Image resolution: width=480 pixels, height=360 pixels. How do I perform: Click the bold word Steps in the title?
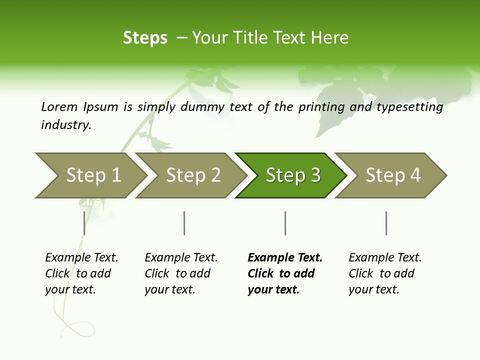tap(145, 38)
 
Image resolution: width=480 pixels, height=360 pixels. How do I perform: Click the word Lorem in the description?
tap(59, 106)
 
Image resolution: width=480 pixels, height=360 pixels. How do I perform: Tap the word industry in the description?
tap(65, 125)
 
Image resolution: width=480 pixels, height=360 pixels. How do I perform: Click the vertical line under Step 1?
tap(84, 223)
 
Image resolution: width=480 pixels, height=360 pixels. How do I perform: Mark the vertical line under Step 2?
tap(184, 223)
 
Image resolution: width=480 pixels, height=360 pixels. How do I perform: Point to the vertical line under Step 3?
tap(285, 223)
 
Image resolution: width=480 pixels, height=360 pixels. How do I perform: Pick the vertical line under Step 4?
tap(386, 223)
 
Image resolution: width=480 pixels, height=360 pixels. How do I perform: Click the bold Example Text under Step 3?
tap(285, 258)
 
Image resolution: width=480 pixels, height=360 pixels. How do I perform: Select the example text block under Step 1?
tap(81, 273)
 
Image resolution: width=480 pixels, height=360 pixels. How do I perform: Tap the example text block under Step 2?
tap(181, 273)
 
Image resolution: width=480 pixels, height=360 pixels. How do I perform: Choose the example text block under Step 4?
tap(385, 273)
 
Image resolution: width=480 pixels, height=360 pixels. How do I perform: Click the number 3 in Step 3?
tap(315, 175)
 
